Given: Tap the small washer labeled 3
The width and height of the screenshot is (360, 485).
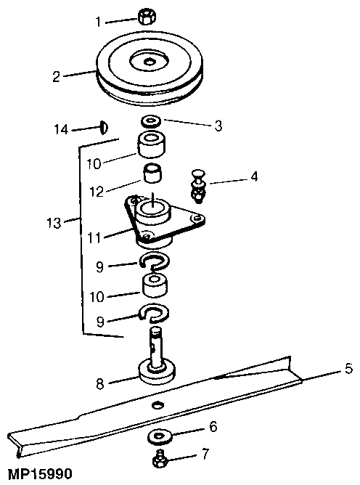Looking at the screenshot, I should pyautogui.click(x=152, y=120).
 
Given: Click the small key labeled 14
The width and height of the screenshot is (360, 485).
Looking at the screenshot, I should pyautogui.click(x=104, y=128).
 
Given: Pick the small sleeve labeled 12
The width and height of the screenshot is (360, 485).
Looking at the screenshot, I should pyautogui.click(x=152, y=175).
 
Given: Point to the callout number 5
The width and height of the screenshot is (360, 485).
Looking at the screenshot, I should pyautogui.click(x=348, y=370).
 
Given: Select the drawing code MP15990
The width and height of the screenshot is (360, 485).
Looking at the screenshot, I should pyautogui.click(x=36, y=473).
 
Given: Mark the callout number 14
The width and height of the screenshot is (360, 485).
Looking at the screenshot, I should pyautogui.click(x=62, y=129).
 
